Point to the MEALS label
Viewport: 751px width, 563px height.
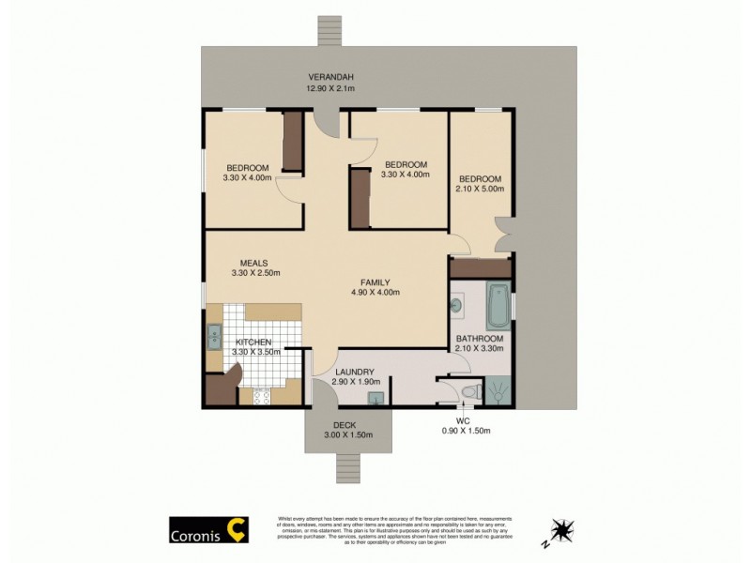coord(254,263)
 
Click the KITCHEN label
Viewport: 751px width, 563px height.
coord(253,342)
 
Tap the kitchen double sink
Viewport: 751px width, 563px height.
coord(213,336)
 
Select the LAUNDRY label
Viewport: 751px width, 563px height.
coord(355,372)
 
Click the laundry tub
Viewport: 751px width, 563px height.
coord(376,399)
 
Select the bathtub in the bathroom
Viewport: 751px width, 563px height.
coord(498,304)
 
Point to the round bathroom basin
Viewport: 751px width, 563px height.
coord(457,304)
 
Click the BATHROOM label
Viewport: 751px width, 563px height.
coord(480,338)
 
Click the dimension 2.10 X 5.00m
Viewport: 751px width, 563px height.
coord(481,189)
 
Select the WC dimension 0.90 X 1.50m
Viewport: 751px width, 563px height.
coord(466,431)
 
